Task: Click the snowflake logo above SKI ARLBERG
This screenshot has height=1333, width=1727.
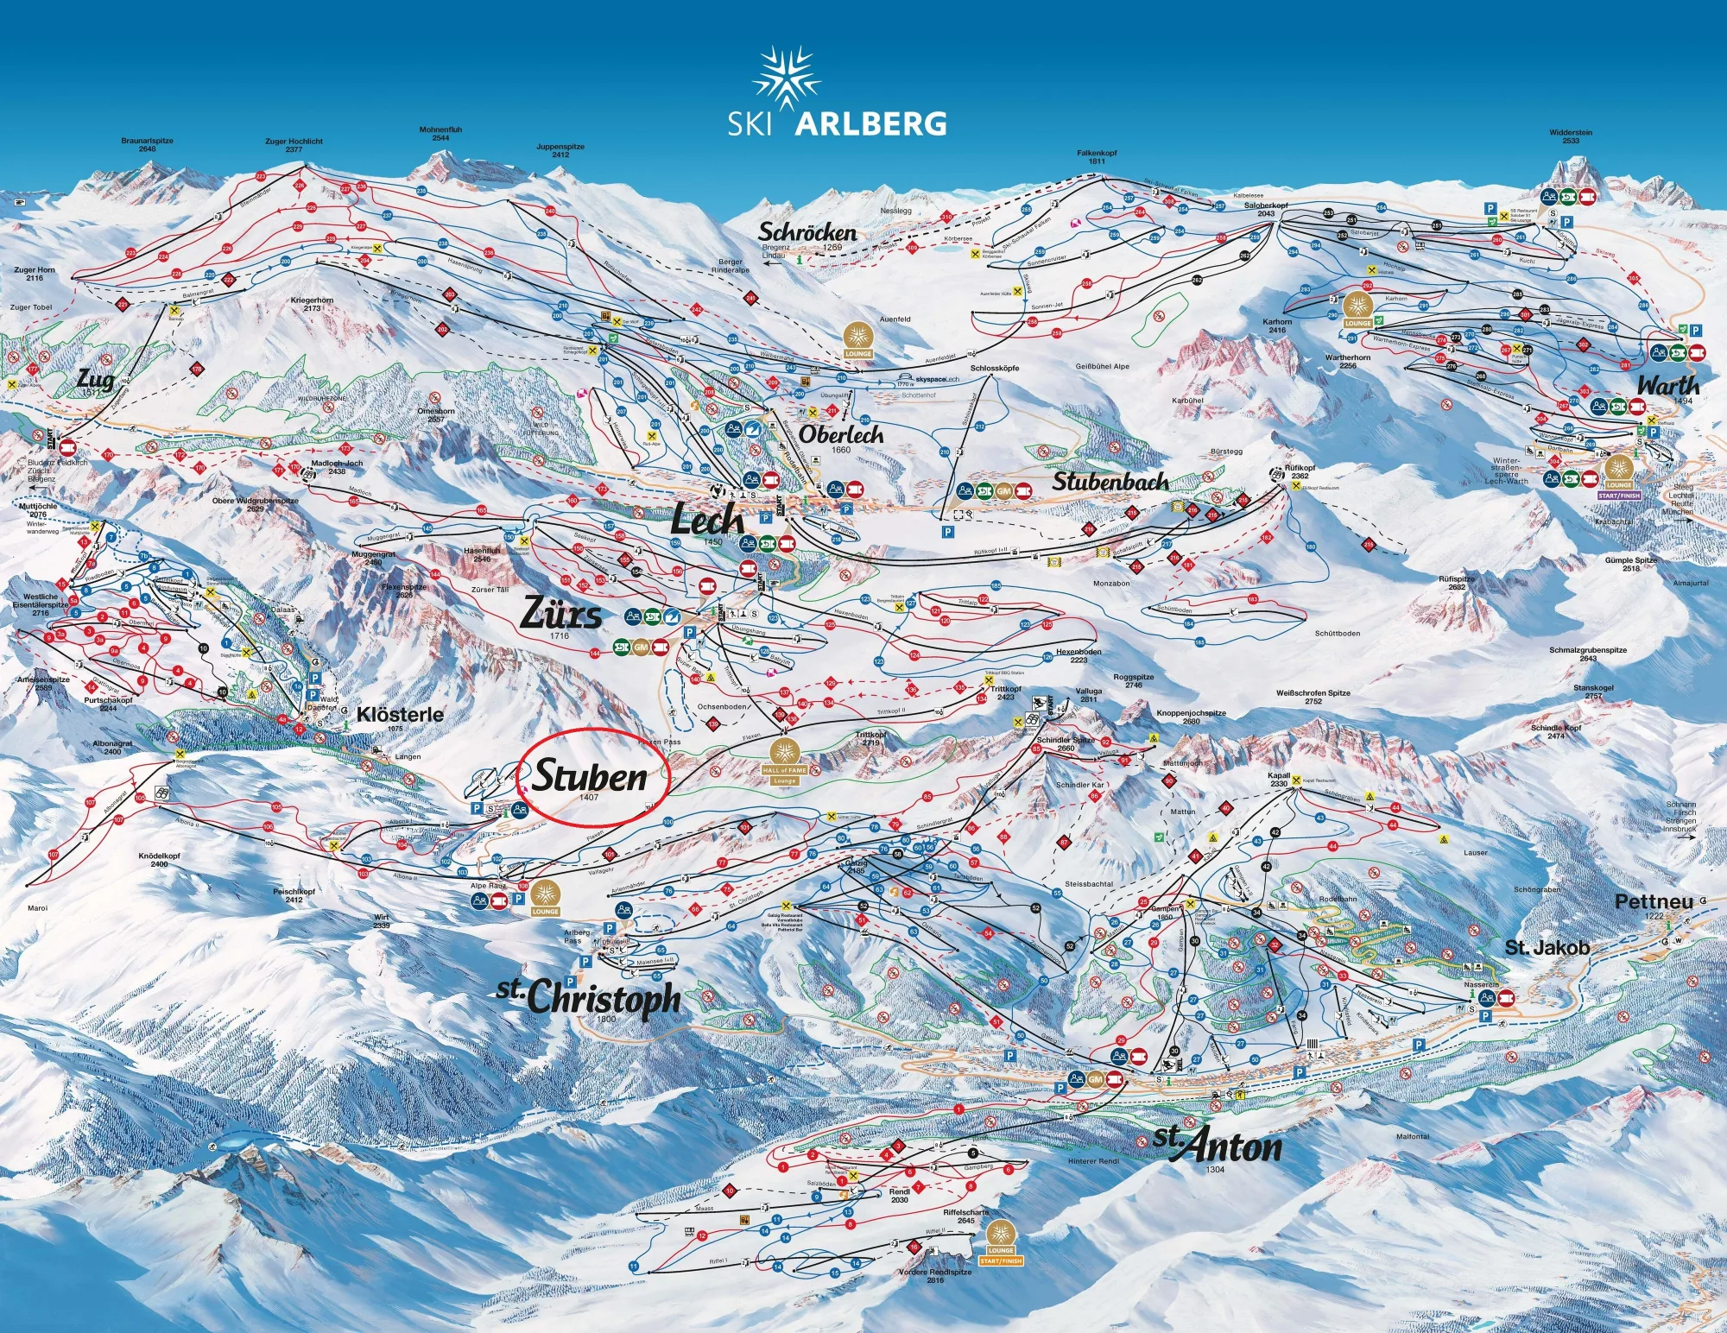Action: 785,79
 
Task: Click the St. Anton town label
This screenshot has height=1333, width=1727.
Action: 1218,1146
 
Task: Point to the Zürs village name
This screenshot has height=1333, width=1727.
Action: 561,614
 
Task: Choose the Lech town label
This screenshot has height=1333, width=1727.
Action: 707,521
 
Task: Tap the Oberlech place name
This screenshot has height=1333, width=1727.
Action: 841,435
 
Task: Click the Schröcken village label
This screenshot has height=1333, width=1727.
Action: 807,232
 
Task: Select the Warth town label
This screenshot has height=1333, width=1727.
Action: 1667,385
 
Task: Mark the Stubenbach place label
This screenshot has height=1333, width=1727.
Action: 1110,482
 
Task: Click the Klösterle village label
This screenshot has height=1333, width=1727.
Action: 400,715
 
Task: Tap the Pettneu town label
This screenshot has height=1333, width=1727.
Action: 1654,901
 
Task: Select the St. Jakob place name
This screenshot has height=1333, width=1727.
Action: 1547,947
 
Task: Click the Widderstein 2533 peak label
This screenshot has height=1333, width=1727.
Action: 1571,136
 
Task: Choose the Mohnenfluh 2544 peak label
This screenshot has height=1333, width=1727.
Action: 440,133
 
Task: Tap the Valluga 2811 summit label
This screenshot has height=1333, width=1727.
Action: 1088,695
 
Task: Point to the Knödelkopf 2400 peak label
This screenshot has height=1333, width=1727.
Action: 159,860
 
